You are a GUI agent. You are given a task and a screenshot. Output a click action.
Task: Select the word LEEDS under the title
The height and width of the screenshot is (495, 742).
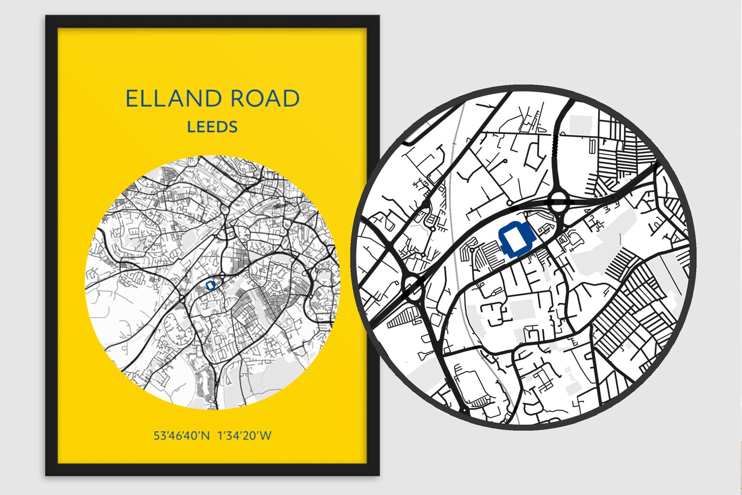tap(212, 127)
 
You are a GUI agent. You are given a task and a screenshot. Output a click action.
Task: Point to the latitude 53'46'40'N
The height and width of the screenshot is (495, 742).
tap(182, 436)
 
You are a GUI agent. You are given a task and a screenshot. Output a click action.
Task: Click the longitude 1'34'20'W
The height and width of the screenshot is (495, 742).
tap(244, 436)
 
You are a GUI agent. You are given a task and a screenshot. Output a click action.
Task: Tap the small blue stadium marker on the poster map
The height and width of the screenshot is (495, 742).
tap(210, 284)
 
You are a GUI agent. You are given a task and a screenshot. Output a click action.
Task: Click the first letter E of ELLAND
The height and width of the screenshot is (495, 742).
tap(133, 99)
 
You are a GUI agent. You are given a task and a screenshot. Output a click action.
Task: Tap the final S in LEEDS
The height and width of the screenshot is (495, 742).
tap(232, 127)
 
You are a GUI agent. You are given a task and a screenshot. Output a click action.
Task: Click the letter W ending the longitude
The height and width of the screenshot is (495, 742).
tap(265, 436)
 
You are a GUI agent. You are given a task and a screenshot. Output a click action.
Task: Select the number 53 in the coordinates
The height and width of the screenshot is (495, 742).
tap(159, 436)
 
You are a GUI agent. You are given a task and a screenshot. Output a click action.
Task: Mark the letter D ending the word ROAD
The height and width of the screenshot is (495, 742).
tap(291, 99)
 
